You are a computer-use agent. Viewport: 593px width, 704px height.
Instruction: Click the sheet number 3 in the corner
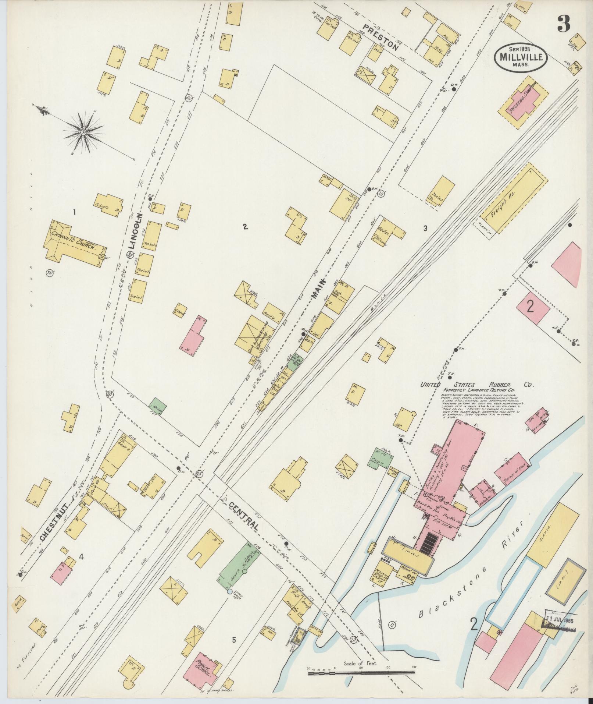click(562, 25)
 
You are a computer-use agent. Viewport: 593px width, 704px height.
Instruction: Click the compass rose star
click(84, 131)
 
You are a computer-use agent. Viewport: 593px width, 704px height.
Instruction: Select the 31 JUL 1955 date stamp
click(559, 619)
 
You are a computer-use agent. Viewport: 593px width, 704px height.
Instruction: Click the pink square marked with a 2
click(533, 308)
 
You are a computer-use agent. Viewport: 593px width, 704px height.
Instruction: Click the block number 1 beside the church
click(74, 212)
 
